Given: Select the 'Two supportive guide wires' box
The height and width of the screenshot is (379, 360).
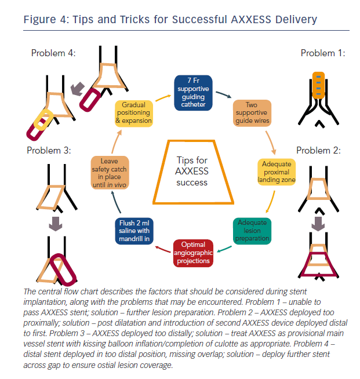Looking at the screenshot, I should pos(252,112).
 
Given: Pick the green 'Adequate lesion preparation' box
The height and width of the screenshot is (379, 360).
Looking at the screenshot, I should pos(252,230).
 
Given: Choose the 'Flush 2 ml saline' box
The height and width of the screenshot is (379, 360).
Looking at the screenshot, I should pos(134,230).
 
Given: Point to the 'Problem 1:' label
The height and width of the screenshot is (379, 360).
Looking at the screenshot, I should pos(323,53).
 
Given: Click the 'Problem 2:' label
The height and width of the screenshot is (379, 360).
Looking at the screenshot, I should pos(318,151).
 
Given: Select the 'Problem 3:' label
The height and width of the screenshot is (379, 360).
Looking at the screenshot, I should pos(49,151).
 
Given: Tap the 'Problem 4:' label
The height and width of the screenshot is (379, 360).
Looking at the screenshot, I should pos(53,53).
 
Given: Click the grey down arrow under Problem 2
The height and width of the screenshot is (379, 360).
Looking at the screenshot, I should pos(318,223).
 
